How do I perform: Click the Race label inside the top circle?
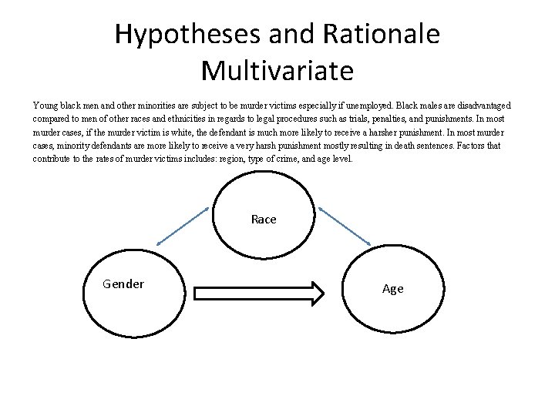(264, 220)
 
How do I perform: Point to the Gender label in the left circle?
(123, 284)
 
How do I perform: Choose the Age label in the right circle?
(392, 289)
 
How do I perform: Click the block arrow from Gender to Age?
(262, 294)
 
